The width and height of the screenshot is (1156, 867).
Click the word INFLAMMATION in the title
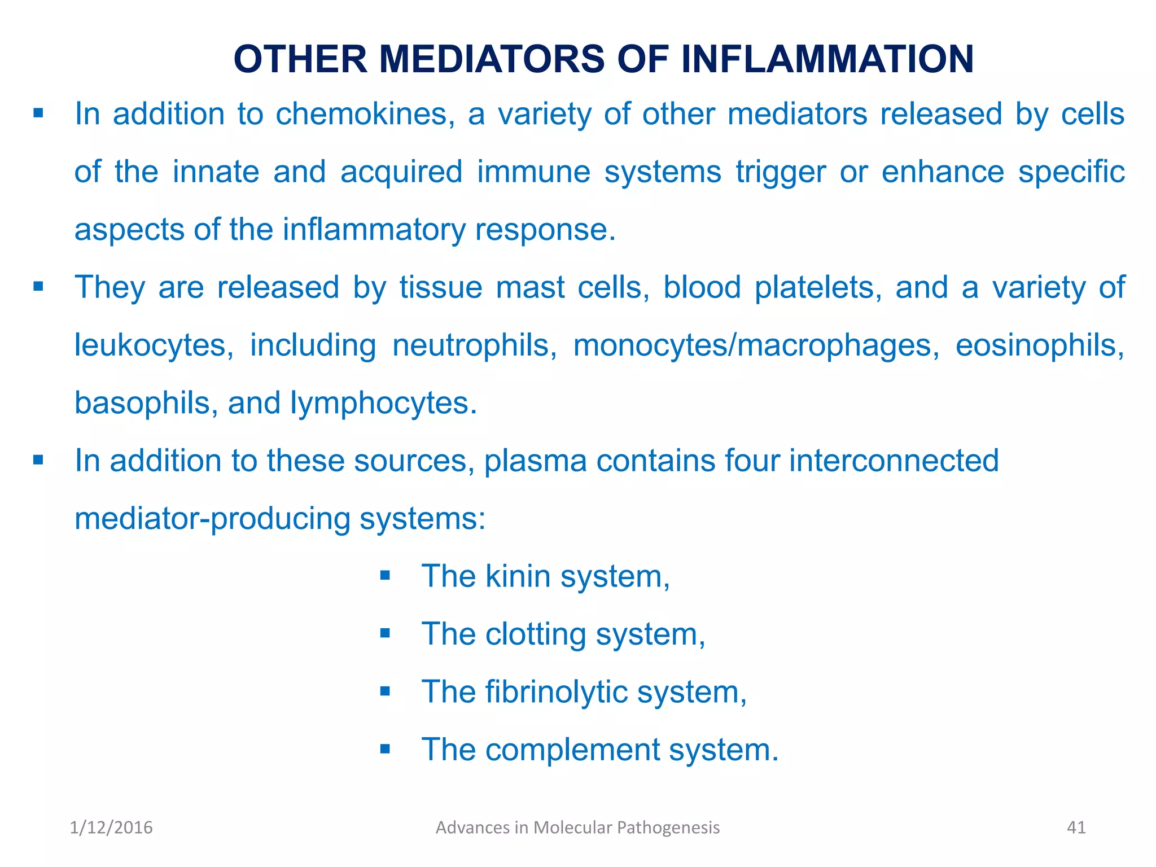tap(827, 59)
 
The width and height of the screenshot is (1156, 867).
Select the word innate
tap(216, 172)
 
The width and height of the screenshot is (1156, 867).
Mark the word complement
tap(572, 750)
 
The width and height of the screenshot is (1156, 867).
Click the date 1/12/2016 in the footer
tap(111, 827)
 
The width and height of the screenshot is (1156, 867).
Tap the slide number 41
tap(1076, 827)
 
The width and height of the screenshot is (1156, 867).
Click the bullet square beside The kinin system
tap(385, 576)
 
